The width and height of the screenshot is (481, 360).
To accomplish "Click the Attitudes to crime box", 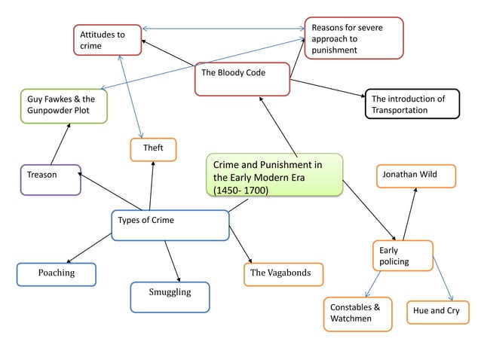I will pos(107,40).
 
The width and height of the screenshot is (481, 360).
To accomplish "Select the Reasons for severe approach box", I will pos(354,38).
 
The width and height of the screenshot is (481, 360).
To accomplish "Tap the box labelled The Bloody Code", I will pos(241,79).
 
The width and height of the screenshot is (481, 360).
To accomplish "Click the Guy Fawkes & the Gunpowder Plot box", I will pos(63,106).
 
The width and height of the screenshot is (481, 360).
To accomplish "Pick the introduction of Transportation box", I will pos(411,105).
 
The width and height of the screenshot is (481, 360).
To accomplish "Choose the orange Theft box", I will pos(153,149).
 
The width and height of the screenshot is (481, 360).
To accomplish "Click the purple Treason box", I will pos(51,179).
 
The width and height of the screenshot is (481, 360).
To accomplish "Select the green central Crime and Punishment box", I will pos(274,175).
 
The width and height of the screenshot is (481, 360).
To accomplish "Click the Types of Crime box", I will pos(170,224).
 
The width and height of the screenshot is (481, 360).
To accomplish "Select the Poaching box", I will pos(57,274).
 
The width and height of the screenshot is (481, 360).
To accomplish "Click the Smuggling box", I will pos(170,297).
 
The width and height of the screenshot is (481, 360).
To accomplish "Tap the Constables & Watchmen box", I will pos(357,314).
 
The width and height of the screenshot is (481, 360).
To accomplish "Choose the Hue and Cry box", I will pos(436,312).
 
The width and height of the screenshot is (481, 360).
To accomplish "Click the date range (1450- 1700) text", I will pos(240,190).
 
